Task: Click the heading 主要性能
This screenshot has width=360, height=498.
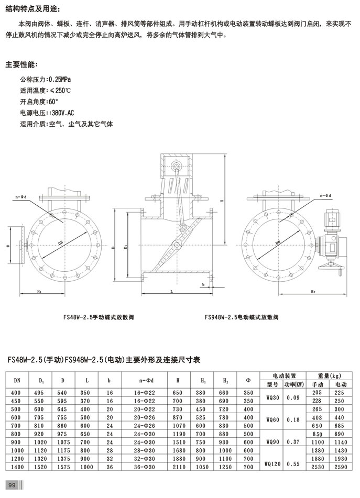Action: click(21, 65)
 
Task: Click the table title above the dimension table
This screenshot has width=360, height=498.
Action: click(103, 360)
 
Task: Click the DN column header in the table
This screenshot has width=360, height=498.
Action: click(16, 381)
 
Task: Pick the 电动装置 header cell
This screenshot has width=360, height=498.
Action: click(285, 376)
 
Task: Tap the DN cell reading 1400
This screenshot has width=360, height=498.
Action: click(16, 467)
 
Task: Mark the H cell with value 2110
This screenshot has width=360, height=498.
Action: click(181, 467)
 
